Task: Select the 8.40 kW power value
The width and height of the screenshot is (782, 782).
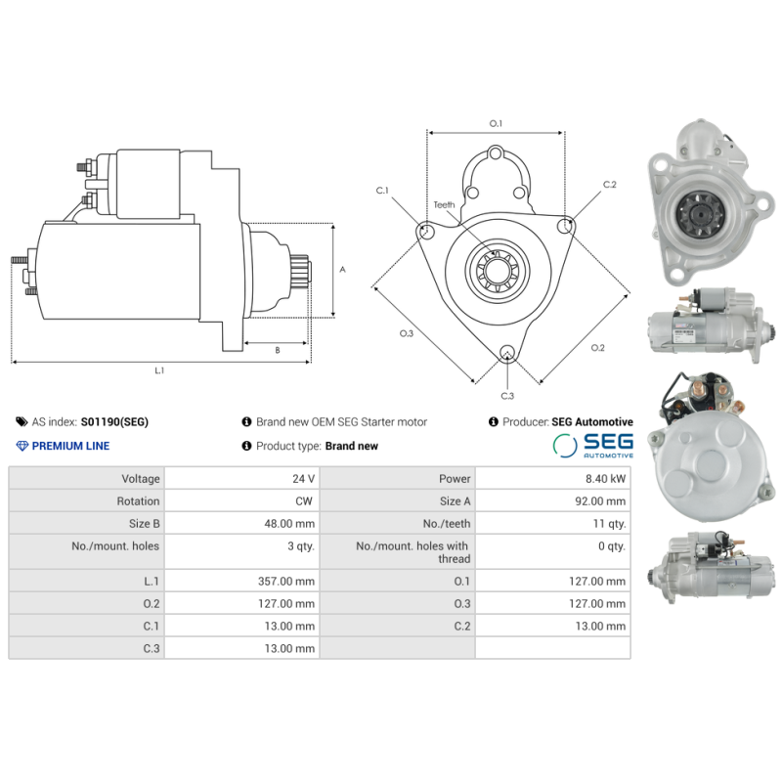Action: [605, 479]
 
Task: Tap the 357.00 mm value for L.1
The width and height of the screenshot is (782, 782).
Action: [285, 581]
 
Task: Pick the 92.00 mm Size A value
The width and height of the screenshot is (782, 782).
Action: [600, 501]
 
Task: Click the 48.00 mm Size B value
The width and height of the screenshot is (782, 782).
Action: [289, 524]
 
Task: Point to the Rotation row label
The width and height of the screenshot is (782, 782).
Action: [138, 501]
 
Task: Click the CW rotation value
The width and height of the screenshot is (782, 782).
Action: [304, 501]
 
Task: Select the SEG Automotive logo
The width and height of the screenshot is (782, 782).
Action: [593, 445]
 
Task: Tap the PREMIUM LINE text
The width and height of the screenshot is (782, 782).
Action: [70, 446]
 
